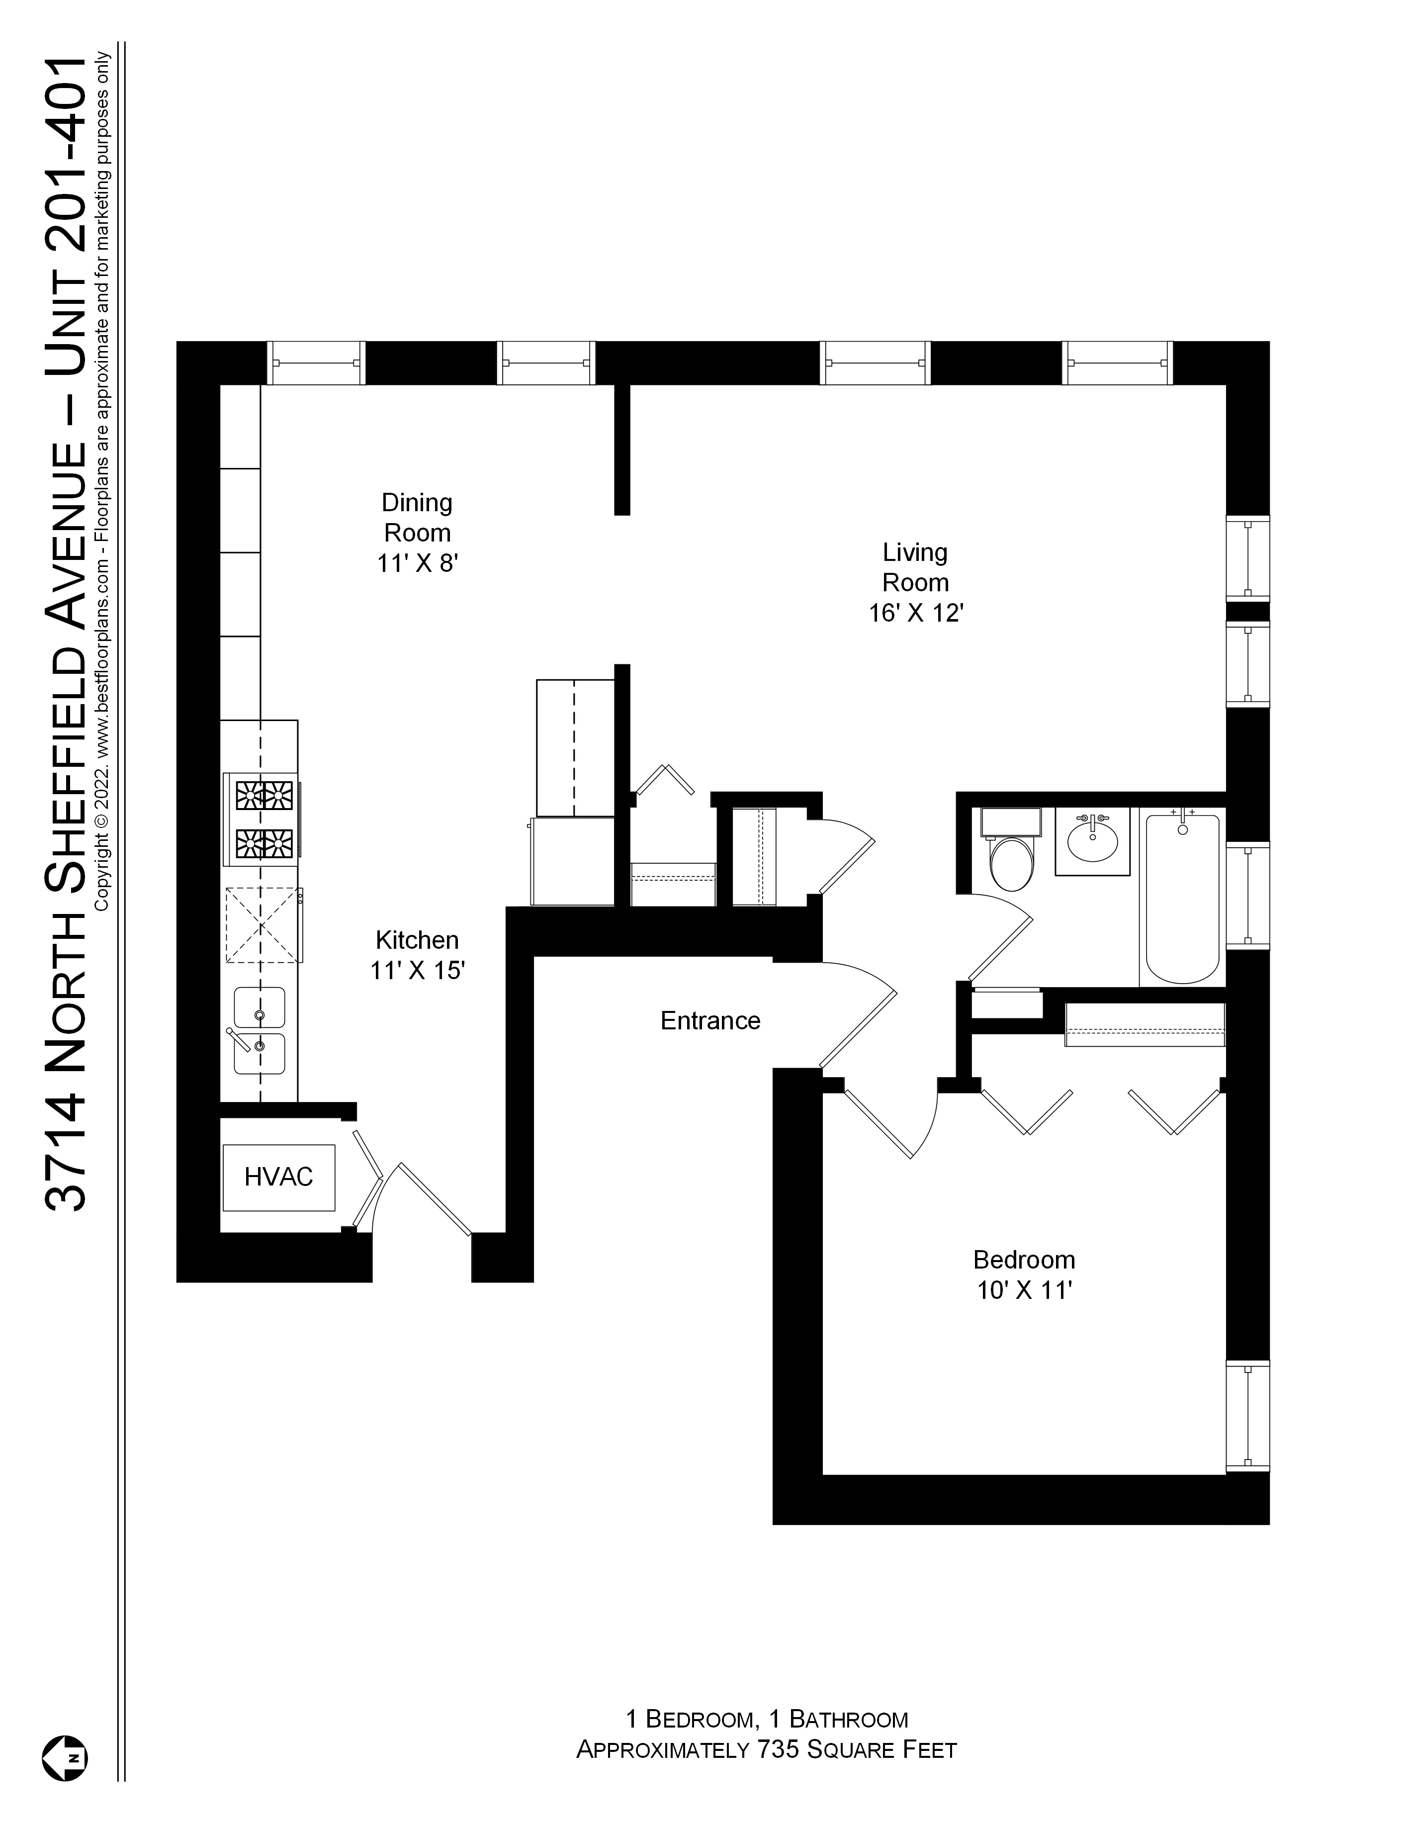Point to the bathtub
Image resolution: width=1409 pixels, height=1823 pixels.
1182,897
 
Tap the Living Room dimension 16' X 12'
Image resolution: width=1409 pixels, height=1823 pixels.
916,614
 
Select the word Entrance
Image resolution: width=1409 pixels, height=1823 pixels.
710,1021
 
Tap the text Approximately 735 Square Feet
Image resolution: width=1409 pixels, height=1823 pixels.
766,1749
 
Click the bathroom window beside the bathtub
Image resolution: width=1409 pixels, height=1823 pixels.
1247,896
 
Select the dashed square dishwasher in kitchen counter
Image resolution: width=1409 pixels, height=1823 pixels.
261,925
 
